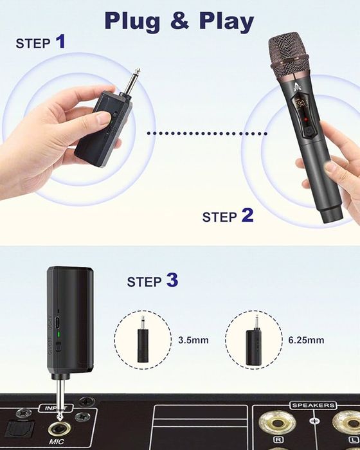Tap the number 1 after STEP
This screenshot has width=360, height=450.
pyautogui.click(x=60, y=42)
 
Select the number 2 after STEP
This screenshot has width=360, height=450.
pyautogui.click(x=247, y=215)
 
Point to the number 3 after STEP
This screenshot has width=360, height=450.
pyautogui.click(x=172, y=280)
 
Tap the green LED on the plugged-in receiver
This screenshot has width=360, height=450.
pyautogui.click(x=58, y=334)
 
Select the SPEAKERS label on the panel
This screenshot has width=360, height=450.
pyautogui.click(x=313, y=406)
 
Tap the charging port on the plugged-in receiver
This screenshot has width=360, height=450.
pyautogui.click(x=58, y=319)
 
